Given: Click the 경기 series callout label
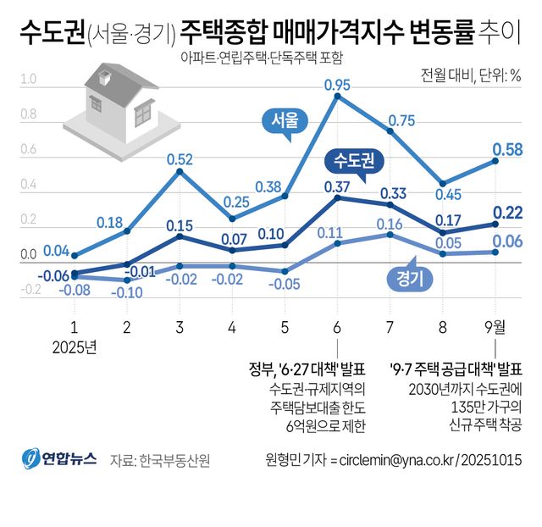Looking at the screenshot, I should pos(409,277).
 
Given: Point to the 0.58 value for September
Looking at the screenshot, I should pos(506,150).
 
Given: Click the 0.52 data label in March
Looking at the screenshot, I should pos(180,159).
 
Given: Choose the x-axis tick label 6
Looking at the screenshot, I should pos(337,327).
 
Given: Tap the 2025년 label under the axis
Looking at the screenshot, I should pos(75,347).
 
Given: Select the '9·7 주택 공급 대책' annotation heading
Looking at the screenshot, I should pos(456,369).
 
